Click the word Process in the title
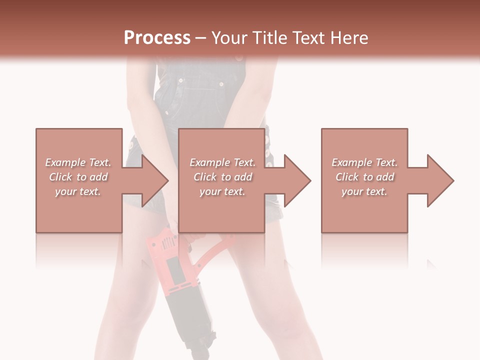[157, 38]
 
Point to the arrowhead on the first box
[153, 180]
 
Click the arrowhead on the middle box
[295, 180]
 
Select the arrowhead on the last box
[438, 180]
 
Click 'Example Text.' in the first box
[78, 162]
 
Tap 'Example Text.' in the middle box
[222, 162]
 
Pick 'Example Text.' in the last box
[364, 162]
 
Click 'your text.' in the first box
[78, 191]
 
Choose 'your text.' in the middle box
[222, 191]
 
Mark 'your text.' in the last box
[364, 191]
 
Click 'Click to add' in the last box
[364, 177]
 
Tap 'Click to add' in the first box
[78, 177]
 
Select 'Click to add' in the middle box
[222, 177]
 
